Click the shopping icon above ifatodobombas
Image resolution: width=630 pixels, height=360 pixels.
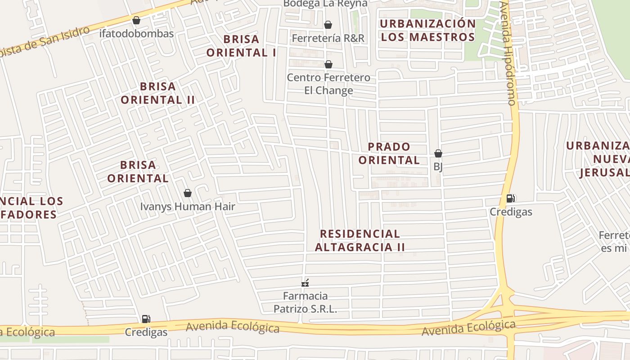136,20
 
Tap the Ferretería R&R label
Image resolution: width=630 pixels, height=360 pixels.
328,38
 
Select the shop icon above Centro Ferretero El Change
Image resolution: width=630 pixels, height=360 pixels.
328,65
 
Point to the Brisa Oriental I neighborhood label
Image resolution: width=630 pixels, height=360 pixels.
241,46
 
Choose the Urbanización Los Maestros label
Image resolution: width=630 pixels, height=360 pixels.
427,30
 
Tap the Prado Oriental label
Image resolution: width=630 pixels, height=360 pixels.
389,153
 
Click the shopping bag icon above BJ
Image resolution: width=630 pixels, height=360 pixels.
438,153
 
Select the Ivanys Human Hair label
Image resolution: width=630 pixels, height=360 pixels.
188,207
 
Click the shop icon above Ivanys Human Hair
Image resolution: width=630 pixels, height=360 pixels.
188,193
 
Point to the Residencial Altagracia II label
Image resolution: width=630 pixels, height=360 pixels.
360,240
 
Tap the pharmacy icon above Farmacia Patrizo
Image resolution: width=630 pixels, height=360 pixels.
305,283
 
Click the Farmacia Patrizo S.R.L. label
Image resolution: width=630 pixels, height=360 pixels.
306,302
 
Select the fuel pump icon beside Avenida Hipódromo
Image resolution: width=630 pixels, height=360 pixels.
511,198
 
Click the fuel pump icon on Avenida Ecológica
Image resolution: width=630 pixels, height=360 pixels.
146,319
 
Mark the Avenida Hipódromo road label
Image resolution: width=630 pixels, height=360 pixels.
509,54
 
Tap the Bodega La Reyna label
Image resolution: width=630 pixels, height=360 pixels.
325,4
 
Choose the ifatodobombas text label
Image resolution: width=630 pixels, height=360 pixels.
136,34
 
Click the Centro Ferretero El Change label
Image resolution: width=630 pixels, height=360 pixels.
328,84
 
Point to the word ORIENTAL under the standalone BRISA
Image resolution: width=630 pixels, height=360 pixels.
138,178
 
